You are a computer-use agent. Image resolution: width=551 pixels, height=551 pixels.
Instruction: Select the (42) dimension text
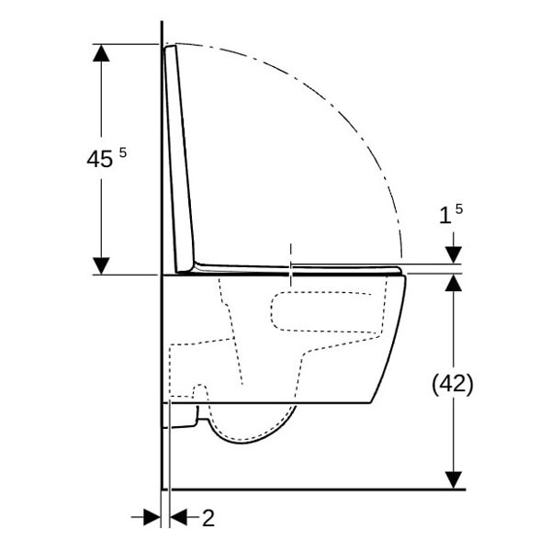[x=453, y=385]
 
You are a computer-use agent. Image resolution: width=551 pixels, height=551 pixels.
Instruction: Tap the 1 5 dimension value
[x=450, y=215]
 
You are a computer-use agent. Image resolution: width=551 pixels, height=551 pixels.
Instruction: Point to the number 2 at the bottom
[x=208, y=518]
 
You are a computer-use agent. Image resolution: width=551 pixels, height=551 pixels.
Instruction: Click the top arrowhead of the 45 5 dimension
[x=101, y=52]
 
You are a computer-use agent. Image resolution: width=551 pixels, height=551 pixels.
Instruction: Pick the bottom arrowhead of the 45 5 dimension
[x=101, y=265]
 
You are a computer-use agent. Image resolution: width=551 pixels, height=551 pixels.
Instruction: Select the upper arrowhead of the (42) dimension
[x=453, y=282]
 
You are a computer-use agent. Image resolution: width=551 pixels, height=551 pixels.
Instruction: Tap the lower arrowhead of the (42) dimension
[x=453, y=479]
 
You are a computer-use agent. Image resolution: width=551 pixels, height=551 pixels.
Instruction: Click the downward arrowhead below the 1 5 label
[x=453, y=254]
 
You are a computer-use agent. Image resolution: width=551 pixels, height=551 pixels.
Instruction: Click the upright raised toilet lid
[x=180, y=156]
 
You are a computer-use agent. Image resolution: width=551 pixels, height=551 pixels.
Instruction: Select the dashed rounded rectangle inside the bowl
[x=326, y=312]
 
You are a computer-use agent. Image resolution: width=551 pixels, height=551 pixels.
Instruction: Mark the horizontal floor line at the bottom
[x=312, y=489]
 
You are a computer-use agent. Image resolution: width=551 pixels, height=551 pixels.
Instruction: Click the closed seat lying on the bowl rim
[x=303, y=269]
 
